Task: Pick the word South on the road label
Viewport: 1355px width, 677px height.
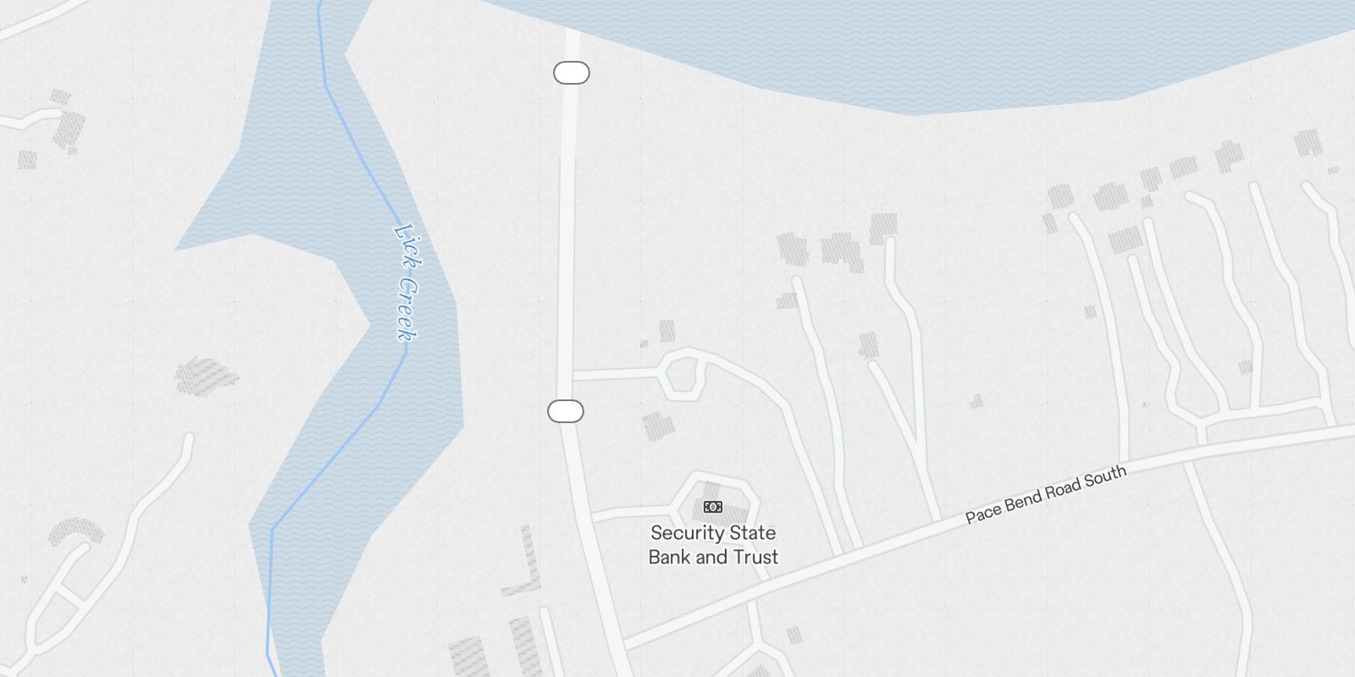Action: pos(1105,476)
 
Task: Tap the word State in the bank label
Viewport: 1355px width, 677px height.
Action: pos(753,533)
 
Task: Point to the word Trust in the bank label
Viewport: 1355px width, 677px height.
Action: pos(756,557)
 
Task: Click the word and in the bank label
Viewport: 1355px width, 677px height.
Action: pos(713,557)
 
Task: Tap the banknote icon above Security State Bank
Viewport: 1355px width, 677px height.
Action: pos(713,507)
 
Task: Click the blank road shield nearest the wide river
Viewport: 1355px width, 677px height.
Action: pos(572,74)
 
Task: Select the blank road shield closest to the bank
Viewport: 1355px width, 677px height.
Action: pos(566,411)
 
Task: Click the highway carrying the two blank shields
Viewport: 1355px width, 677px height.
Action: pos(567,254)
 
